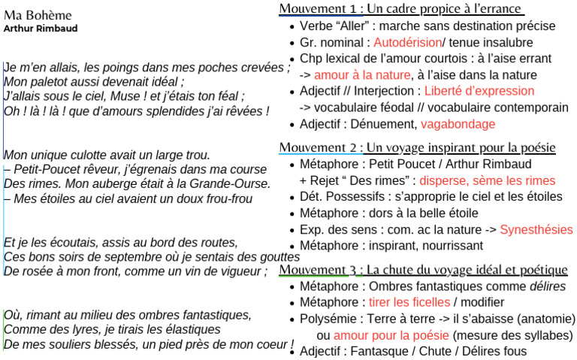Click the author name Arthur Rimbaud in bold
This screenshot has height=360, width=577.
coord(40,29)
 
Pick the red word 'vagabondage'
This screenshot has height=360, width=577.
coord(458,124)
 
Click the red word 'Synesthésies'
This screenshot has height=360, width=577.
coord(536,229)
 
